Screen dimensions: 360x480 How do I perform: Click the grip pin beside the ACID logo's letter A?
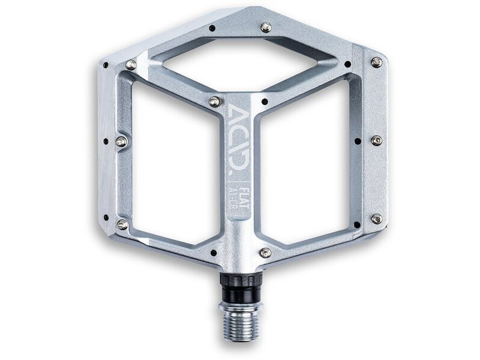pyautogui.click(x=214, y=101)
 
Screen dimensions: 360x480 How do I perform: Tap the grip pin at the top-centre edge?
pyautogui.click(x=266, y=27)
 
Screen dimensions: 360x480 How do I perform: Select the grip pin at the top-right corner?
pyautogui.click(x=376, y=61)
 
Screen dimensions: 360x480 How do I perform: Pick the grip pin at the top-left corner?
pyautogui.click(x=130, y=65)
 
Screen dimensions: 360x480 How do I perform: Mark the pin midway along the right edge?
pyautogui.click(x=376, y=140)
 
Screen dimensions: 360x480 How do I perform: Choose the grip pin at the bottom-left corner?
pyautogui.click(x=122, y=224)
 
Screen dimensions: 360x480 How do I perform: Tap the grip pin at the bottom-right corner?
pyautogui.click(x=376, y=219)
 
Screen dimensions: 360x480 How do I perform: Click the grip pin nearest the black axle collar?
pyautogui.click(x=265, y=253)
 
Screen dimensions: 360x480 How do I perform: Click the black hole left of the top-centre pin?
pyautogui.click(x=212, y=28)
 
